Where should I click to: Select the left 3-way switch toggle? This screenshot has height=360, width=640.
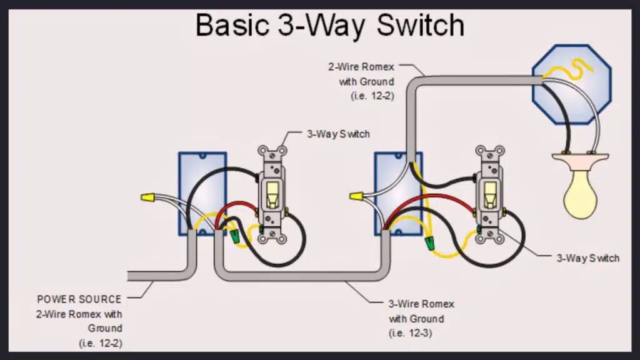(272, 194)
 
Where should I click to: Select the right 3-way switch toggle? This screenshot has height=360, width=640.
(489, 194)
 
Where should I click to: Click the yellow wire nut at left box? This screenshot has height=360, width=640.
(148, 197)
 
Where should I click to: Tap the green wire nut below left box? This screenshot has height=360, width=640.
(235, 237)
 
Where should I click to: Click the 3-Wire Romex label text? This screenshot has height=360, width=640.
(421, 304)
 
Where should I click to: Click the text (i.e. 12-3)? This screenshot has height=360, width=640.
(410, 332)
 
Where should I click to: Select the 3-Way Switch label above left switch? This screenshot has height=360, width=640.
(337, 134)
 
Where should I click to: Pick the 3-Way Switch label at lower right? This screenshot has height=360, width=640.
(587, 258)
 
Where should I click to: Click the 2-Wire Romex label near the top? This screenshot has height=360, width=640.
(361, 67)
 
